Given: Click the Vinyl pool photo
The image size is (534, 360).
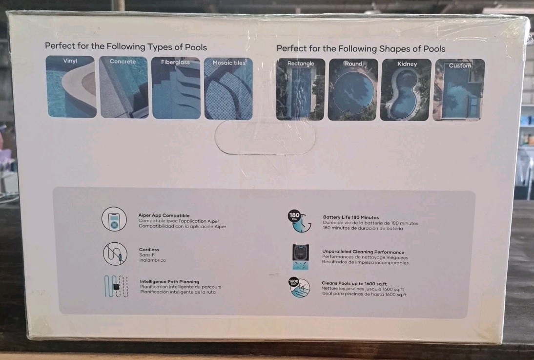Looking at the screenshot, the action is (71, 86).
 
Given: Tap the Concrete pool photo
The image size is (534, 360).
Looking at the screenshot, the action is (124, 87).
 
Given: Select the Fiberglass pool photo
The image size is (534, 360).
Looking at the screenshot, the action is (176, 88).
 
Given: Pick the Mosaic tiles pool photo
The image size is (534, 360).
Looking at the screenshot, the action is (228, 88).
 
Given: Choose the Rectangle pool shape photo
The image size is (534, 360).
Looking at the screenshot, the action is (301, 89).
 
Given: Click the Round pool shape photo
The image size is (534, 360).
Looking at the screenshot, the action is (353, 90).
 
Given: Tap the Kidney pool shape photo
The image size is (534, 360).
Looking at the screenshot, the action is (406, 90).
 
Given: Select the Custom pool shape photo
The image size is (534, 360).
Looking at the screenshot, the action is (459, 90).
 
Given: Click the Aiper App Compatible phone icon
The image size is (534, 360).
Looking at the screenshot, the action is (114, 219).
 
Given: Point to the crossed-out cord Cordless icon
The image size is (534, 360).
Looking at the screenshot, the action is (115, 254).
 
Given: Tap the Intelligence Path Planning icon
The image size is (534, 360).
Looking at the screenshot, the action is (116, 286).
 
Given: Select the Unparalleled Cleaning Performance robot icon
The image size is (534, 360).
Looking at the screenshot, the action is (300, 257).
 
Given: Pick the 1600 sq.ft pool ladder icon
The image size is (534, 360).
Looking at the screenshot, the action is (299, 287).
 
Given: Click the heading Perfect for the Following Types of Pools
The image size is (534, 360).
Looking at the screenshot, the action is (126, 46).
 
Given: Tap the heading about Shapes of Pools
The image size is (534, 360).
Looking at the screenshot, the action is (361, 48).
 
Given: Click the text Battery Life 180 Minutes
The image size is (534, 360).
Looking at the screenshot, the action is (351, 217).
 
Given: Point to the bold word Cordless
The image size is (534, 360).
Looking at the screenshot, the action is (149, 250).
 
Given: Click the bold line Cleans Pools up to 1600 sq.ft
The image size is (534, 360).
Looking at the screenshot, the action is (354, 283).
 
